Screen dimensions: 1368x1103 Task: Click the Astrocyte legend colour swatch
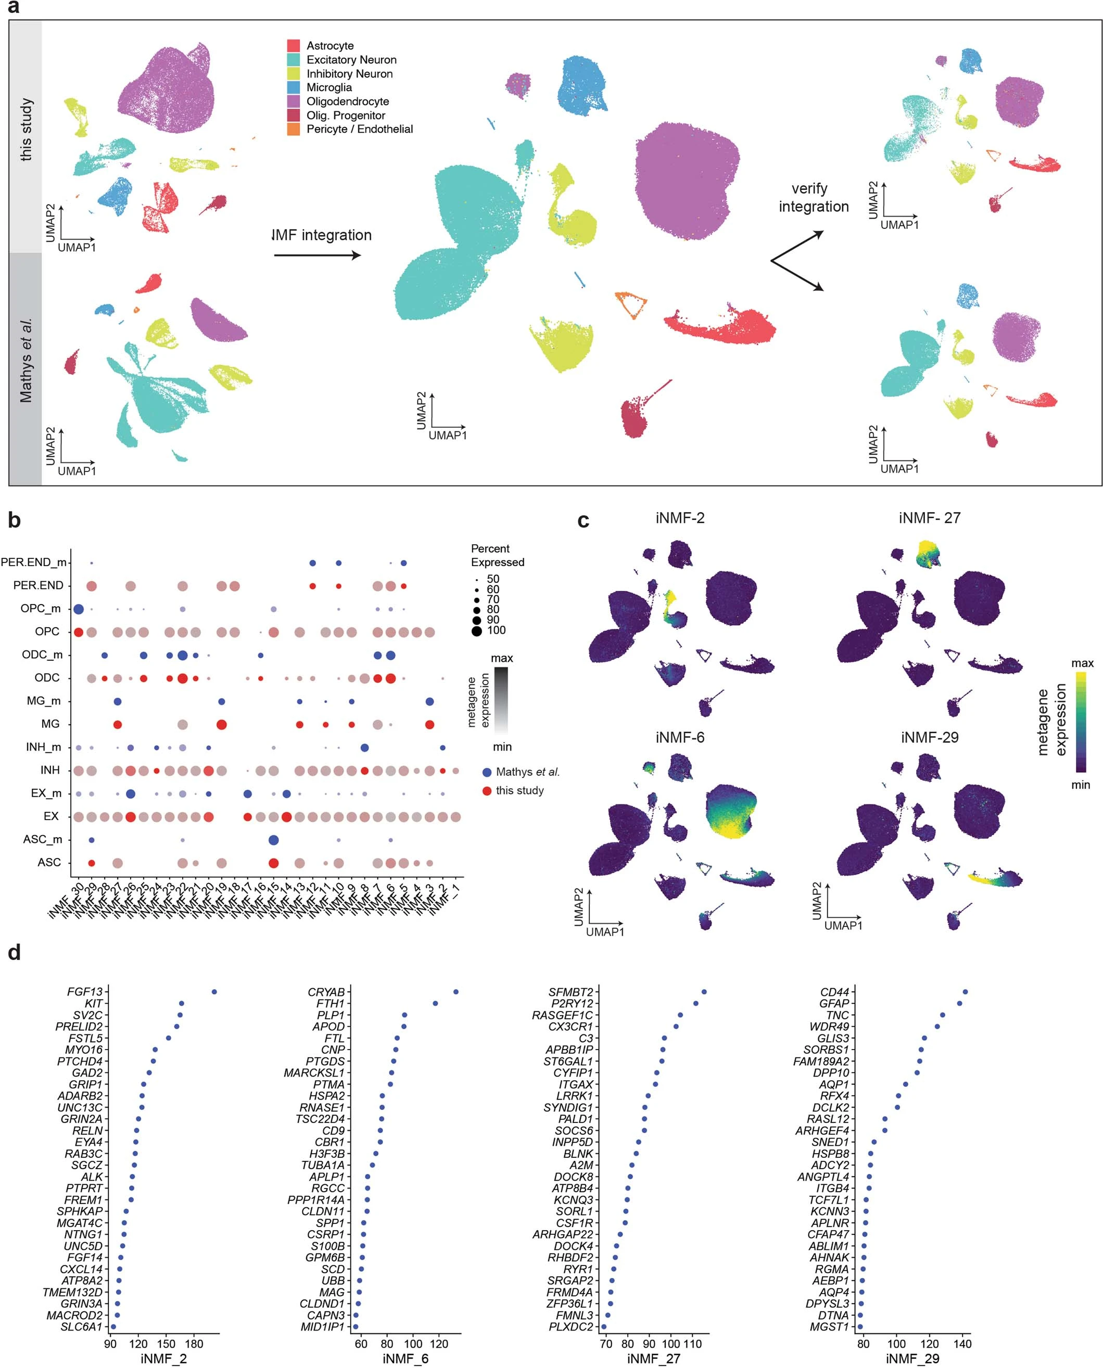click(293, 46)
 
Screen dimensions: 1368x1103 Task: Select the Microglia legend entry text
click(328, 87)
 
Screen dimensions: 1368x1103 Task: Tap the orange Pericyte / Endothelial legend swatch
click(293, 129)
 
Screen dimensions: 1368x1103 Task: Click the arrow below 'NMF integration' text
click(317, 255)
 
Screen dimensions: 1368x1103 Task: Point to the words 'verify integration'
click(813, 198)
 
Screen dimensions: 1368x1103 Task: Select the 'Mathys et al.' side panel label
click(26, 360)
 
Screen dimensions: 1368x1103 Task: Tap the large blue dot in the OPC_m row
click(78, 609)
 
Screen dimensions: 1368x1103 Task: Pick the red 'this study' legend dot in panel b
click(487, 791)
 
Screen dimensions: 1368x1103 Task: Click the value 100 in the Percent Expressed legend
click(496, 630)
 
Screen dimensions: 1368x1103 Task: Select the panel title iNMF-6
click(680, 737)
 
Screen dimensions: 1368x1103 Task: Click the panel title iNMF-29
click(929, 737)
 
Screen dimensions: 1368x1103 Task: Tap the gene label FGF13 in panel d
click(84, 992)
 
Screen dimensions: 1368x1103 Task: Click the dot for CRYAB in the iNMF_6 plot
click(455, 992)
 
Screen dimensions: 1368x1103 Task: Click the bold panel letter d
click(14, 953)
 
